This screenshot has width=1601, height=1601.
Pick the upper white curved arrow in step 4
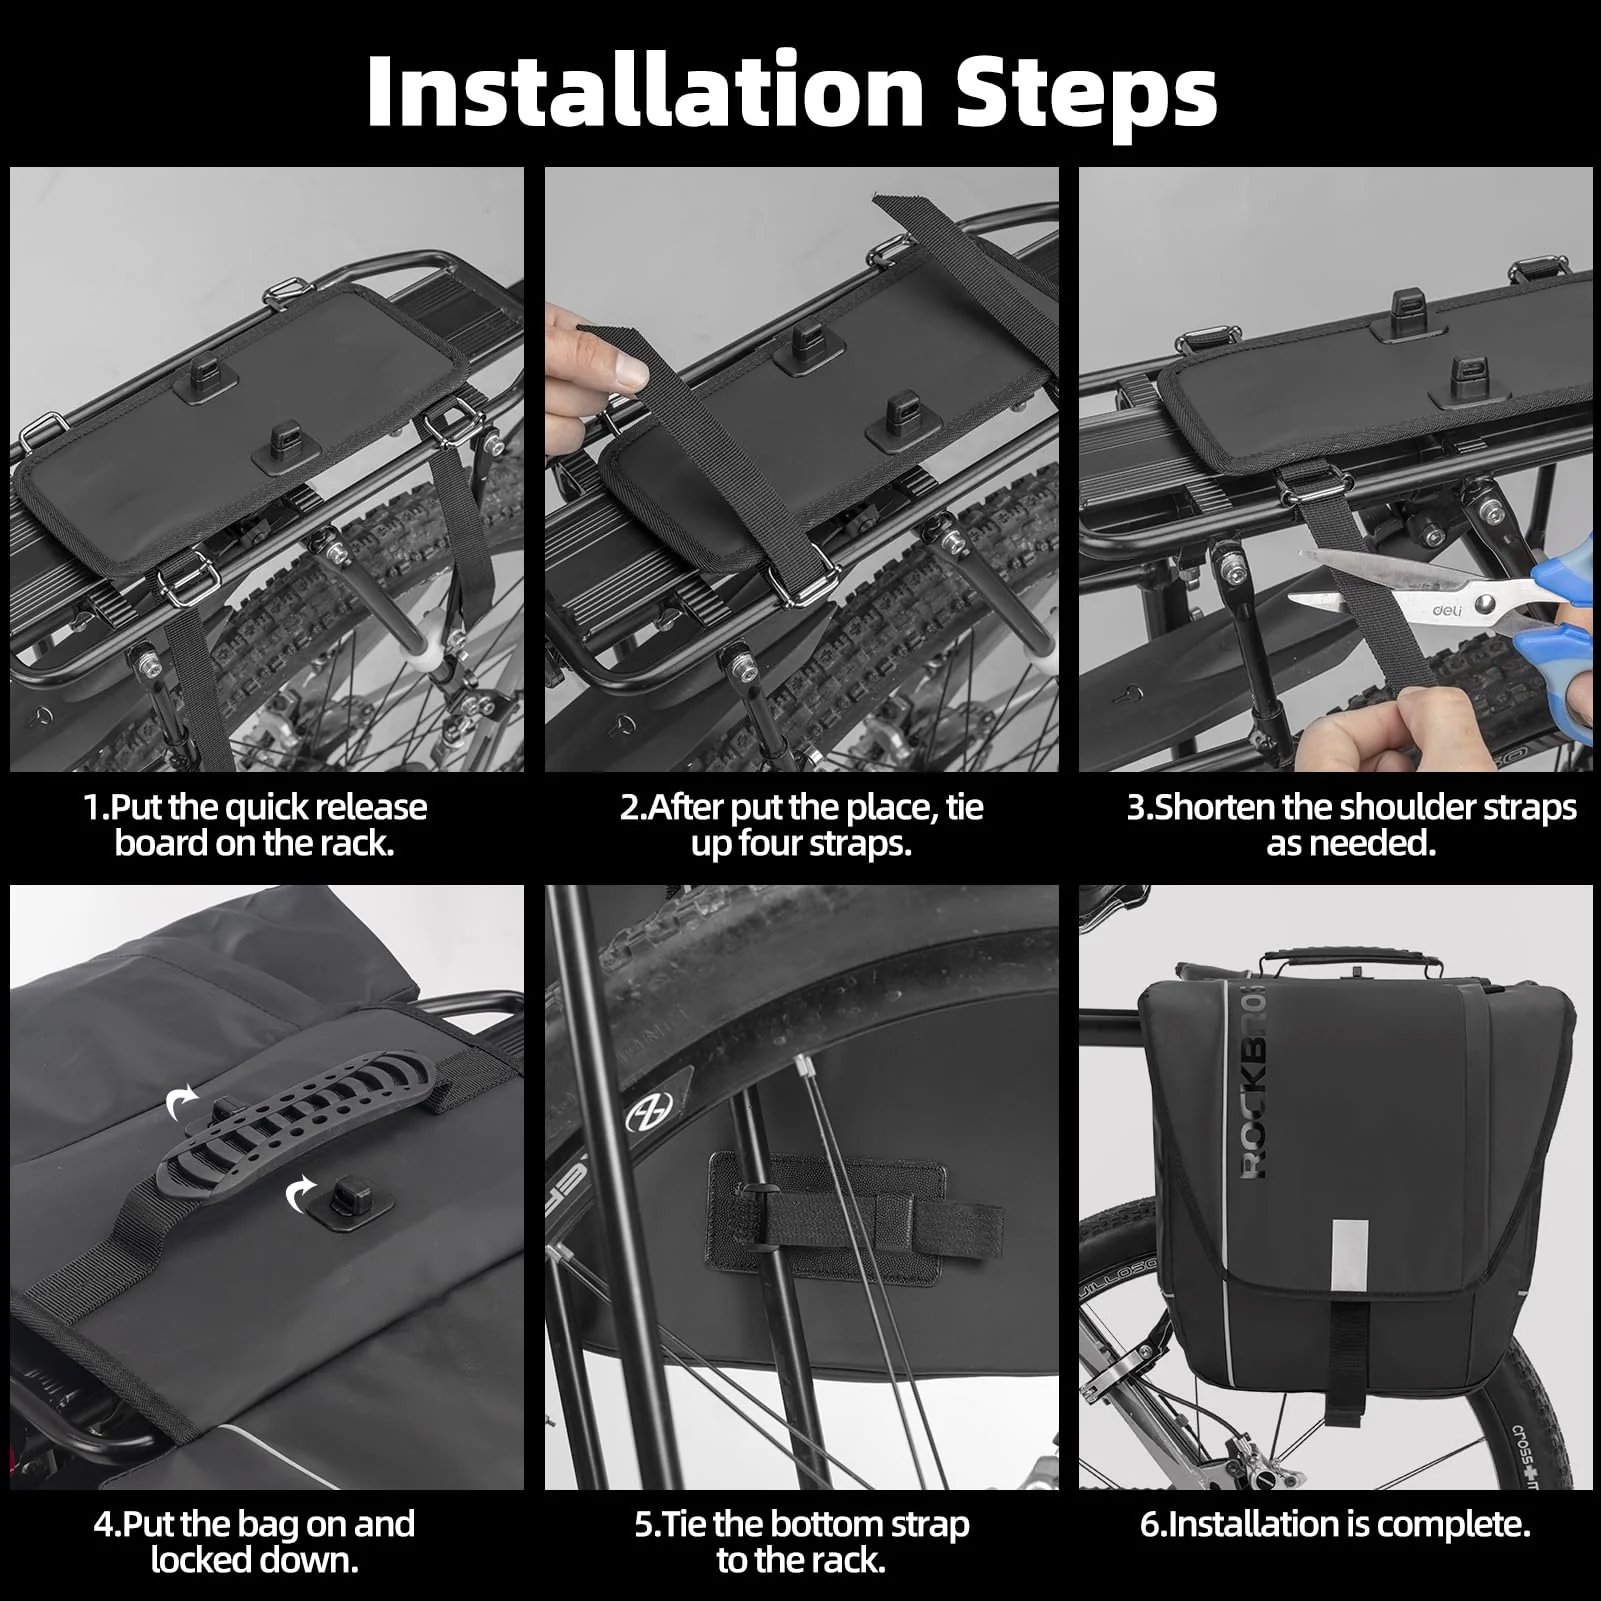(x=182, y=1104)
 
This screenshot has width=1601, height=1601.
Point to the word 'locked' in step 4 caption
(x=213, y=1560)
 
